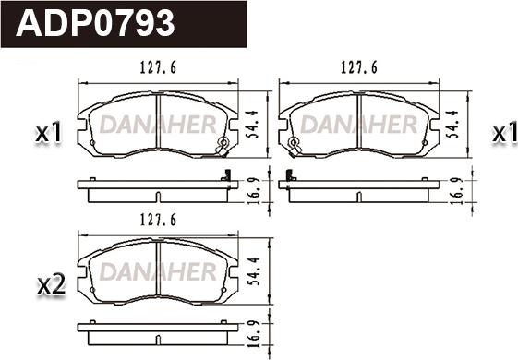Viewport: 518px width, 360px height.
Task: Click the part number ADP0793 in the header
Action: (x=95, y=23)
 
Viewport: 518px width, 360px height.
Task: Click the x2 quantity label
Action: (x=52, y=285)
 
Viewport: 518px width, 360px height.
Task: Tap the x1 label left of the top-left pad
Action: (x=49, y=133)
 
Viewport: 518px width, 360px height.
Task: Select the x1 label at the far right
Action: (x=504, y=133)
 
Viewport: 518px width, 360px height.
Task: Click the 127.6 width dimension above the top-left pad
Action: (x=158, y=67)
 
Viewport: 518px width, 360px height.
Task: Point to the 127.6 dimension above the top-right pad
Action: (x=359, y=67)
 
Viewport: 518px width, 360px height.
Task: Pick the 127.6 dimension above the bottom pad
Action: (x=158, y=220)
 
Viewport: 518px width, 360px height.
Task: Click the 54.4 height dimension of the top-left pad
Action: (x=253, y=124)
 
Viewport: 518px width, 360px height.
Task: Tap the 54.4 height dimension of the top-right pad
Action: (x=453, y=124)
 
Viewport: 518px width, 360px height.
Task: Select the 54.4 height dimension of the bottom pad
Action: (x=254, y=271)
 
